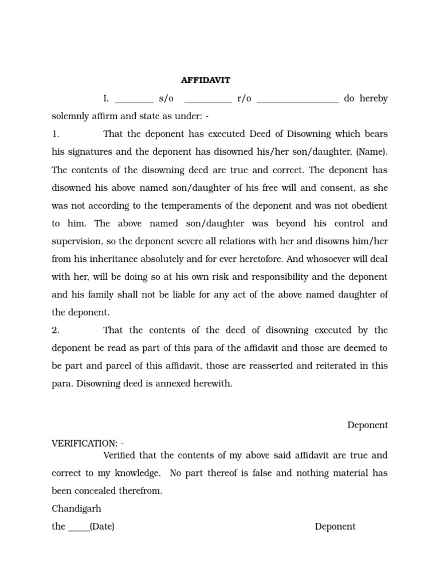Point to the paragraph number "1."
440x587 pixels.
pos(56,134)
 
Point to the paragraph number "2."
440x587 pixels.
pos(56,330)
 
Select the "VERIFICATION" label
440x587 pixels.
pos(82,443)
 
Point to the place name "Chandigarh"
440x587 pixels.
pos(76,508)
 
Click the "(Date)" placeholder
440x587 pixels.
pos(102,526)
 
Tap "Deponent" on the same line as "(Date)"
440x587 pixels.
pos(335,526)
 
